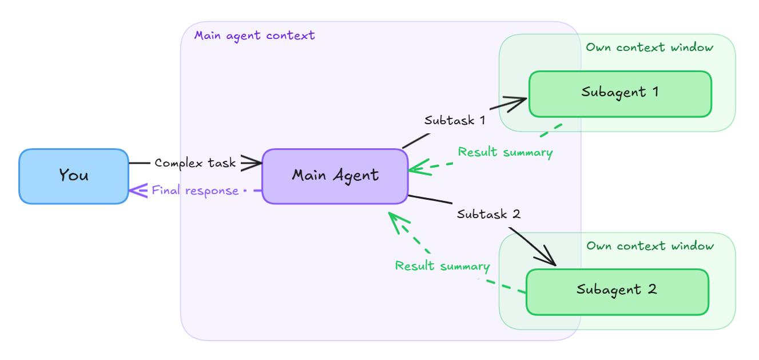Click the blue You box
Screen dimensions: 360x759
[74, 176]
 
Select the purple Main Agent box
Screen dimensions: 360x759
[335, 176]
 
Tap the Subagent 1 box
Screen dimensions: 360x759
[620, 93]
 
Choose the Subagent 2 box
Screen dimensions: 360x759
[617, 291]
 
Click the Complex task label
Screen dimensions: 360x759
[195, 163]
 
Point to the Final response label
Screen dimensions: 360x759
[195, 191]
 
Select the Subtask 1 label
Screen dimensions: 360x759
[455, 121]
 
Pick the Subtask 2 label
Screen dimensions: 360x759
[488, 215]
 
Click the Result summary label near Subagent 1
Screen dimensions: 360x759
[505, 152]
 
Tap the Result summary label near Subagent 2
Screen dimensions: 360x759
[442, 266]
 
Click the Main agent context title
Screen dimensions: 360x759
[255, 35]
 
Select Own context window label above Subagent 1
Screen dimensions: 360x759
[650, 48]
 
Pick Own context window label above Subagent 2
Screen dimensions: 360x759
[650, 246]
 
